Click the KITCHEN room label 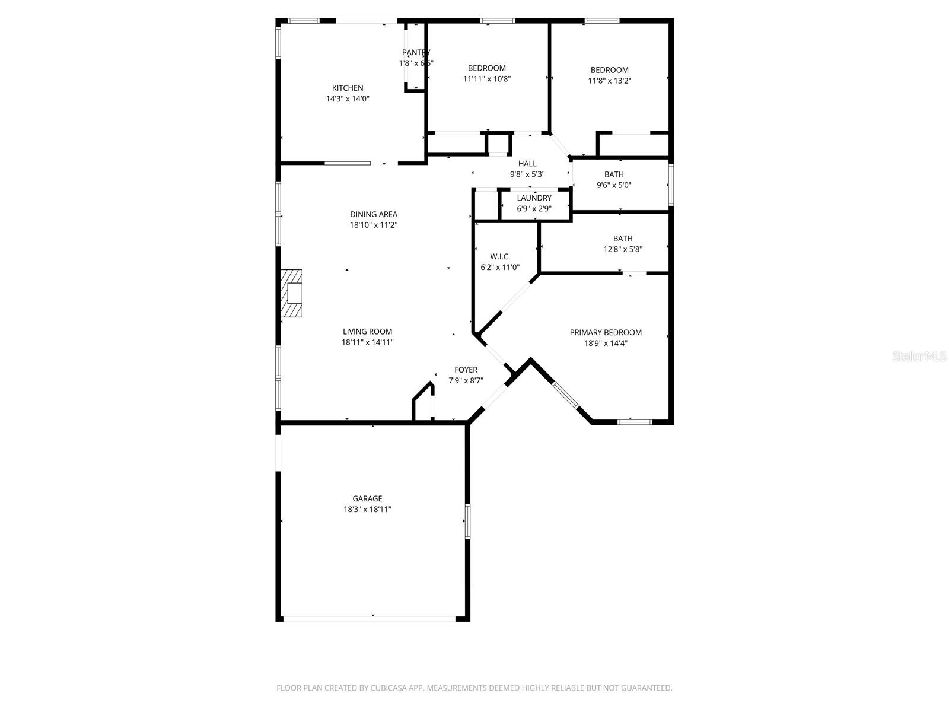tap(348, 88)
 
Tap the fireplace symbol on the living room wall tap(292, 295)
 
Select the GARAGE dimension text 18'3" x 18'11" tap(367, 510)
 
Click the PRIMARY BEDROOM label tap(606, 333)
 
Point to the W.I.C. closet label tap(500, 256)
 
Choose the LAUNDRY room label tap(534, 198)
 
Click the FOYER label tap(466, 370)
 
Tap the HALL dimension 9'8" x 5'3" tap(527, 174)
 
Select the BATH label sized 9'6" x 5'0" tap(614, 174)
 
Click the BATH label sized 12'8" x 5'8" tap(623, 239)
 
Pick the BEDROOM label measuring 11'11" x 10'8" tap(487, 68)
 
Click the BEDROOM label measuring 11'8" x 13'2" tap(609, 70)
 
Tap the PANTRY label tap(416, 53)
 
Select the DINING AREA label tap(374, 214)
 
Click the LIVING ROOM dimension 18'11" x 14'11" tap(368, 342)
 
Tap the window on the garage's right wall tap(467, 522)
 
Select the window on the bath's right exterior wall tap(671, 185)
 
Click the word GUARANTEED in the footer tap(645, 688)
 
